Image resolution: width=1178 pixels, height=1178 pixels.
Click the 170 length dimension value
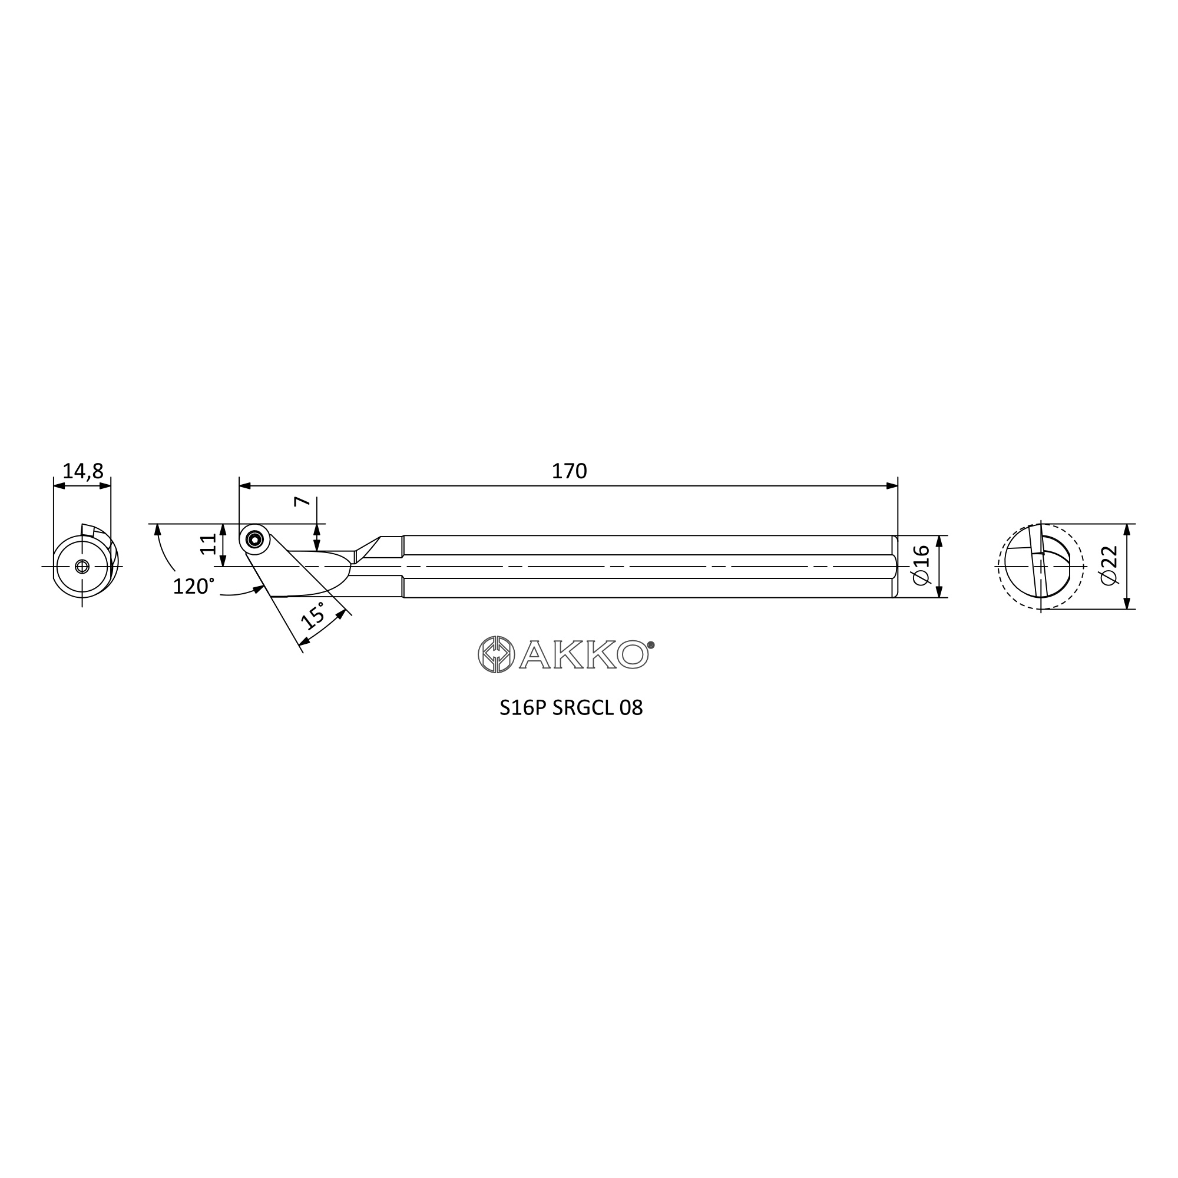coord(569,471)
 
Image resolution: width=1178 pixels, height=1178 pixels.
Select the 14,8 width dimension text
coord(83,471)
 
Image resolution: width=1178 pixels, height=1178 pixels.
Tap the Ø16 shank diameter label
coord(921,565)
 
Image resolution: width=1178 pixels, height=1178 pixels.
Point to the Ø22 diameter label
coord(1110,565)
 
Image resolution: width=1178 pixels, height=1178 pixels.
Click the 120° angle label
coord(193,586)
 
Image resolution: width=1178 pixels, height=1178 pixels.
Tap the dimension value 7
coord(302,502)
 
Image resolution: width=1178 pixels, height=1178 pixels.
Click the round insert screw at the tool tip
coord(255,539)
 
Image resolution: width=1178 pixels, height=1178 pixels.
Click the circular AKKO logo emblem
coord(497,655)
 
